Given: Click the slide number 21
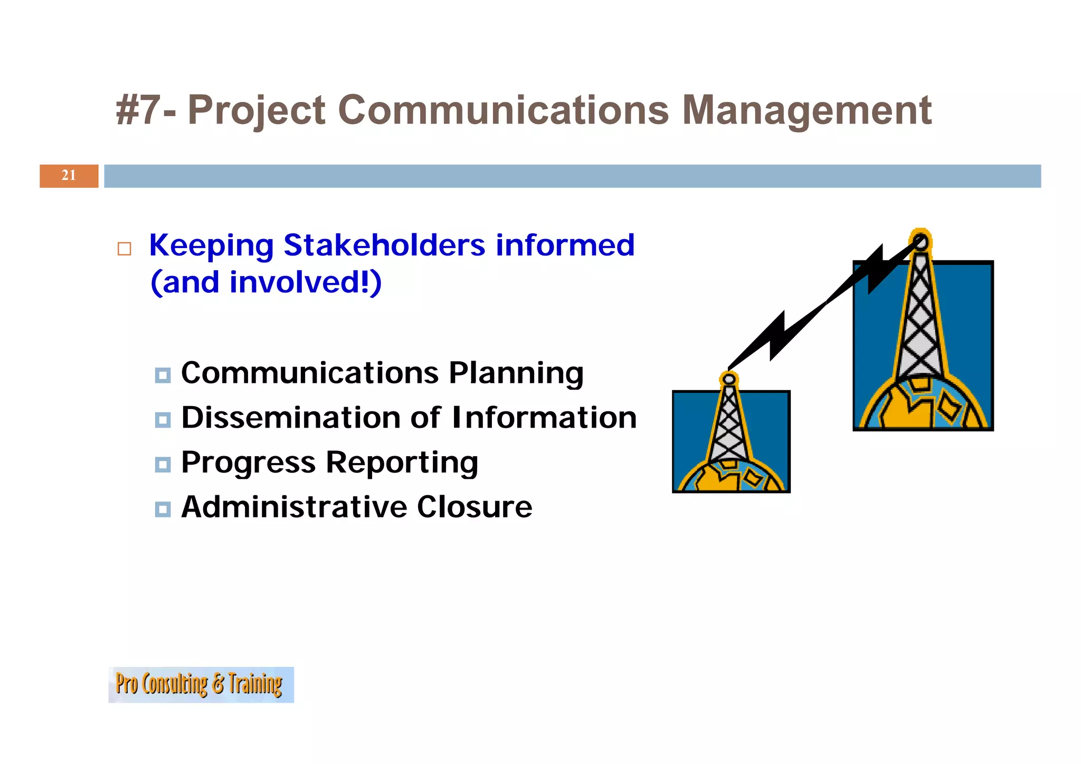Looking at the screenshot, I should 69,175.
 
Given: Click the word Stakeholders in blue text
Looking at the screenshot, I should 384,245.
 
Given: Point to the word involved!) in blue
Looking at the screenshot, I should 305,282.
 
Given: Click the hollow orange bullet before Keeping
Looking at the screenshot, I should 125,249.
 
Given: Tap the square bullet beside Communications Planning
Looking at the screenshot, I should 163,375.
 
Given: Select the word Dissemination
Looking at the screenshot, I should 291,418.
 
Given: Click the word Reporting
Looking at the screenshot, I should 402,463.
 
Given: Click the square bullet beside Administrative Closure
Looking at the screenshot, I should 163,510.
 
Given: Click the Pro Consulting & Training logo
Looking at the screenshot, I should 201,684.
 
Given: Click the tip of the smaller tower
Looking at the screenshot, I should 729,379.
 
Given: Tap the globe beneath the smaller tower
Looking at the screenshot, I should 731,478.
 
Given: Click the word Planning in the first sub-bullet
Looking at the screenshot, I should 516,373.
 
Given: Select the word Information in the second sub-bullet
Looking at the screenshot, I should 544,418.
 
